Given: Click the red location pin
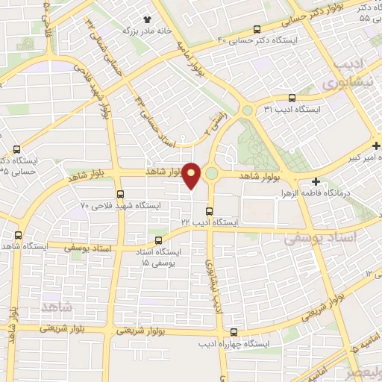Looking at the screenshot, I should pyautogui.click(x=192, y=175).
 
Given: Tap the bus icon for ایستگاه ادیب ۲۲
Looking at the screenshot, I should pyautogui.click(x=210, y=211).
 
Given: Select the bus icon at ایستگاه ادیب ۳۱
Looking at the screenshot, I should pyautogui.click(x=292, y=97).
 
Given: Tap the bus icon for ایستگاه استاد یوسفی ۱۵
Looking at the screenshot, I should pyautogui.click(x=157, y=240).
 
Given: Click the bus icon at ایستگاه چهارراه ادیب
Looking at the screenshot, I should pyautogui.click(x=234, y=333).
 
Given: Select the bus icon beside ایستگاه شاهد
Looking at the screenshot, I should pyautogui.click(x=18, y=234).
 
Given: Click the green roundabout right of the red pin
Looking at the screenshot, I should pyautogui.click(x=211, y=173).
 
